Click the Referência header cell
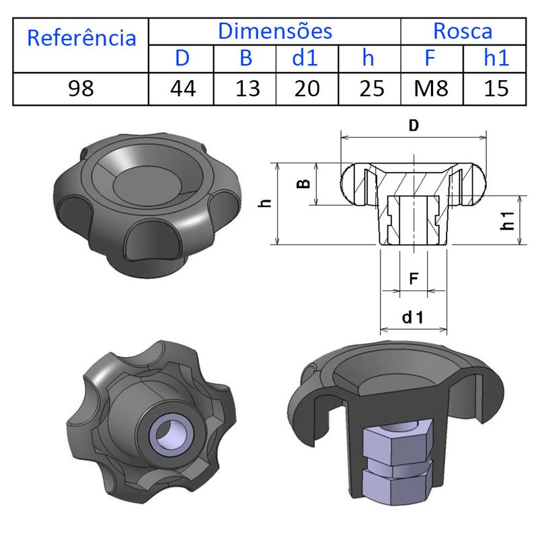[81, 38]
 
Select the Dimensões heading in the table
[274, 31]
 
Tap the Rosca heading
[463, 31]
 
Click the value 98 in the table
[81, 89]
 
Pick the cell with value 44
[182, 89]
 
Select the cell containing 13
[247, 89]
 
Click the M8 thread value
[431, 89]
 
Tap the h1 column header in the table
[496, 59]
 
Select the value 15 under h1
[496, 89]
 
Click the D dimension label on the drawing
[414, 125]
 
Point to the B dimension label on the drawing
[303, 183]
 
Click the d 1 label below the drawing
[414, 317]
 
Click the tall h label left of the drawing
[267, 202]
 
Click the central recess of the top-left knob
[143, 183]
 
